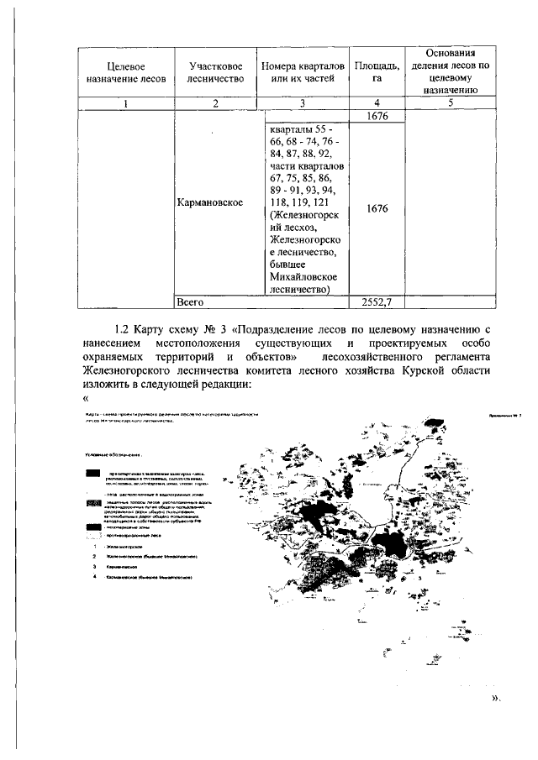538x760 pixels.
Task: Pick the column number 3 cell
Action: (303, 103)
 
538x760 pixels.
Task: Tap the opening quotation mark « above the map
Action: (86, 399)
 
